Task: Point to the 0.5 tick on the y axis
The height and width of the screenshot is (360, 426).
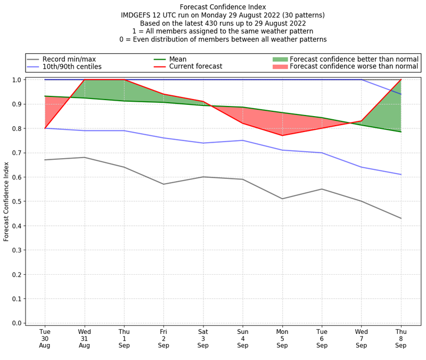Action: click(19, 201)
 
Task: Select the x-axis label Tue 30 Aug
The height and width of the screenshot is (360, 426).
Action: click(45, 339)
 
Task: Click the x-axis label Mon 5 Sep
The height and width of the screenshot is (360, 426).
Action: click(282, 339)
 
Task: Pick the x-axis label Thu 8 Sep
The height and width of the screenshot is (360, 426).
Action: click(400, 339)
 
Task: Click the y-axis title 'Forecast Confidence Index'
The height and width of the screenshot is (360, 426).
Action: click(6, 201)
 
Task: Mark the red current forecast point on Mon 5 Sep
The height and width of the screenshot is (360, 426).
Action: click(282, 135)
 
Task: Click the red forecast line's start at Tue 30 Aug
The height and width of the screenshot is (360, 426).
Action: click(45, 128)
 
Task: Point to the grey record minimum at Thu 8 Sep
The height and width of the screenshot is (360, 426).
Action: click(400, 218)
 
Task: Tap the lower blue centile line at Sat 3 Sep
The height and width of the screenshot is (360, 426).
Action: click(203, 143)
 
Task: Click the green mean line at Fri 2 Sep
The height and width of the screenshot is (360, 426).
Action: click(163, 102)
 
